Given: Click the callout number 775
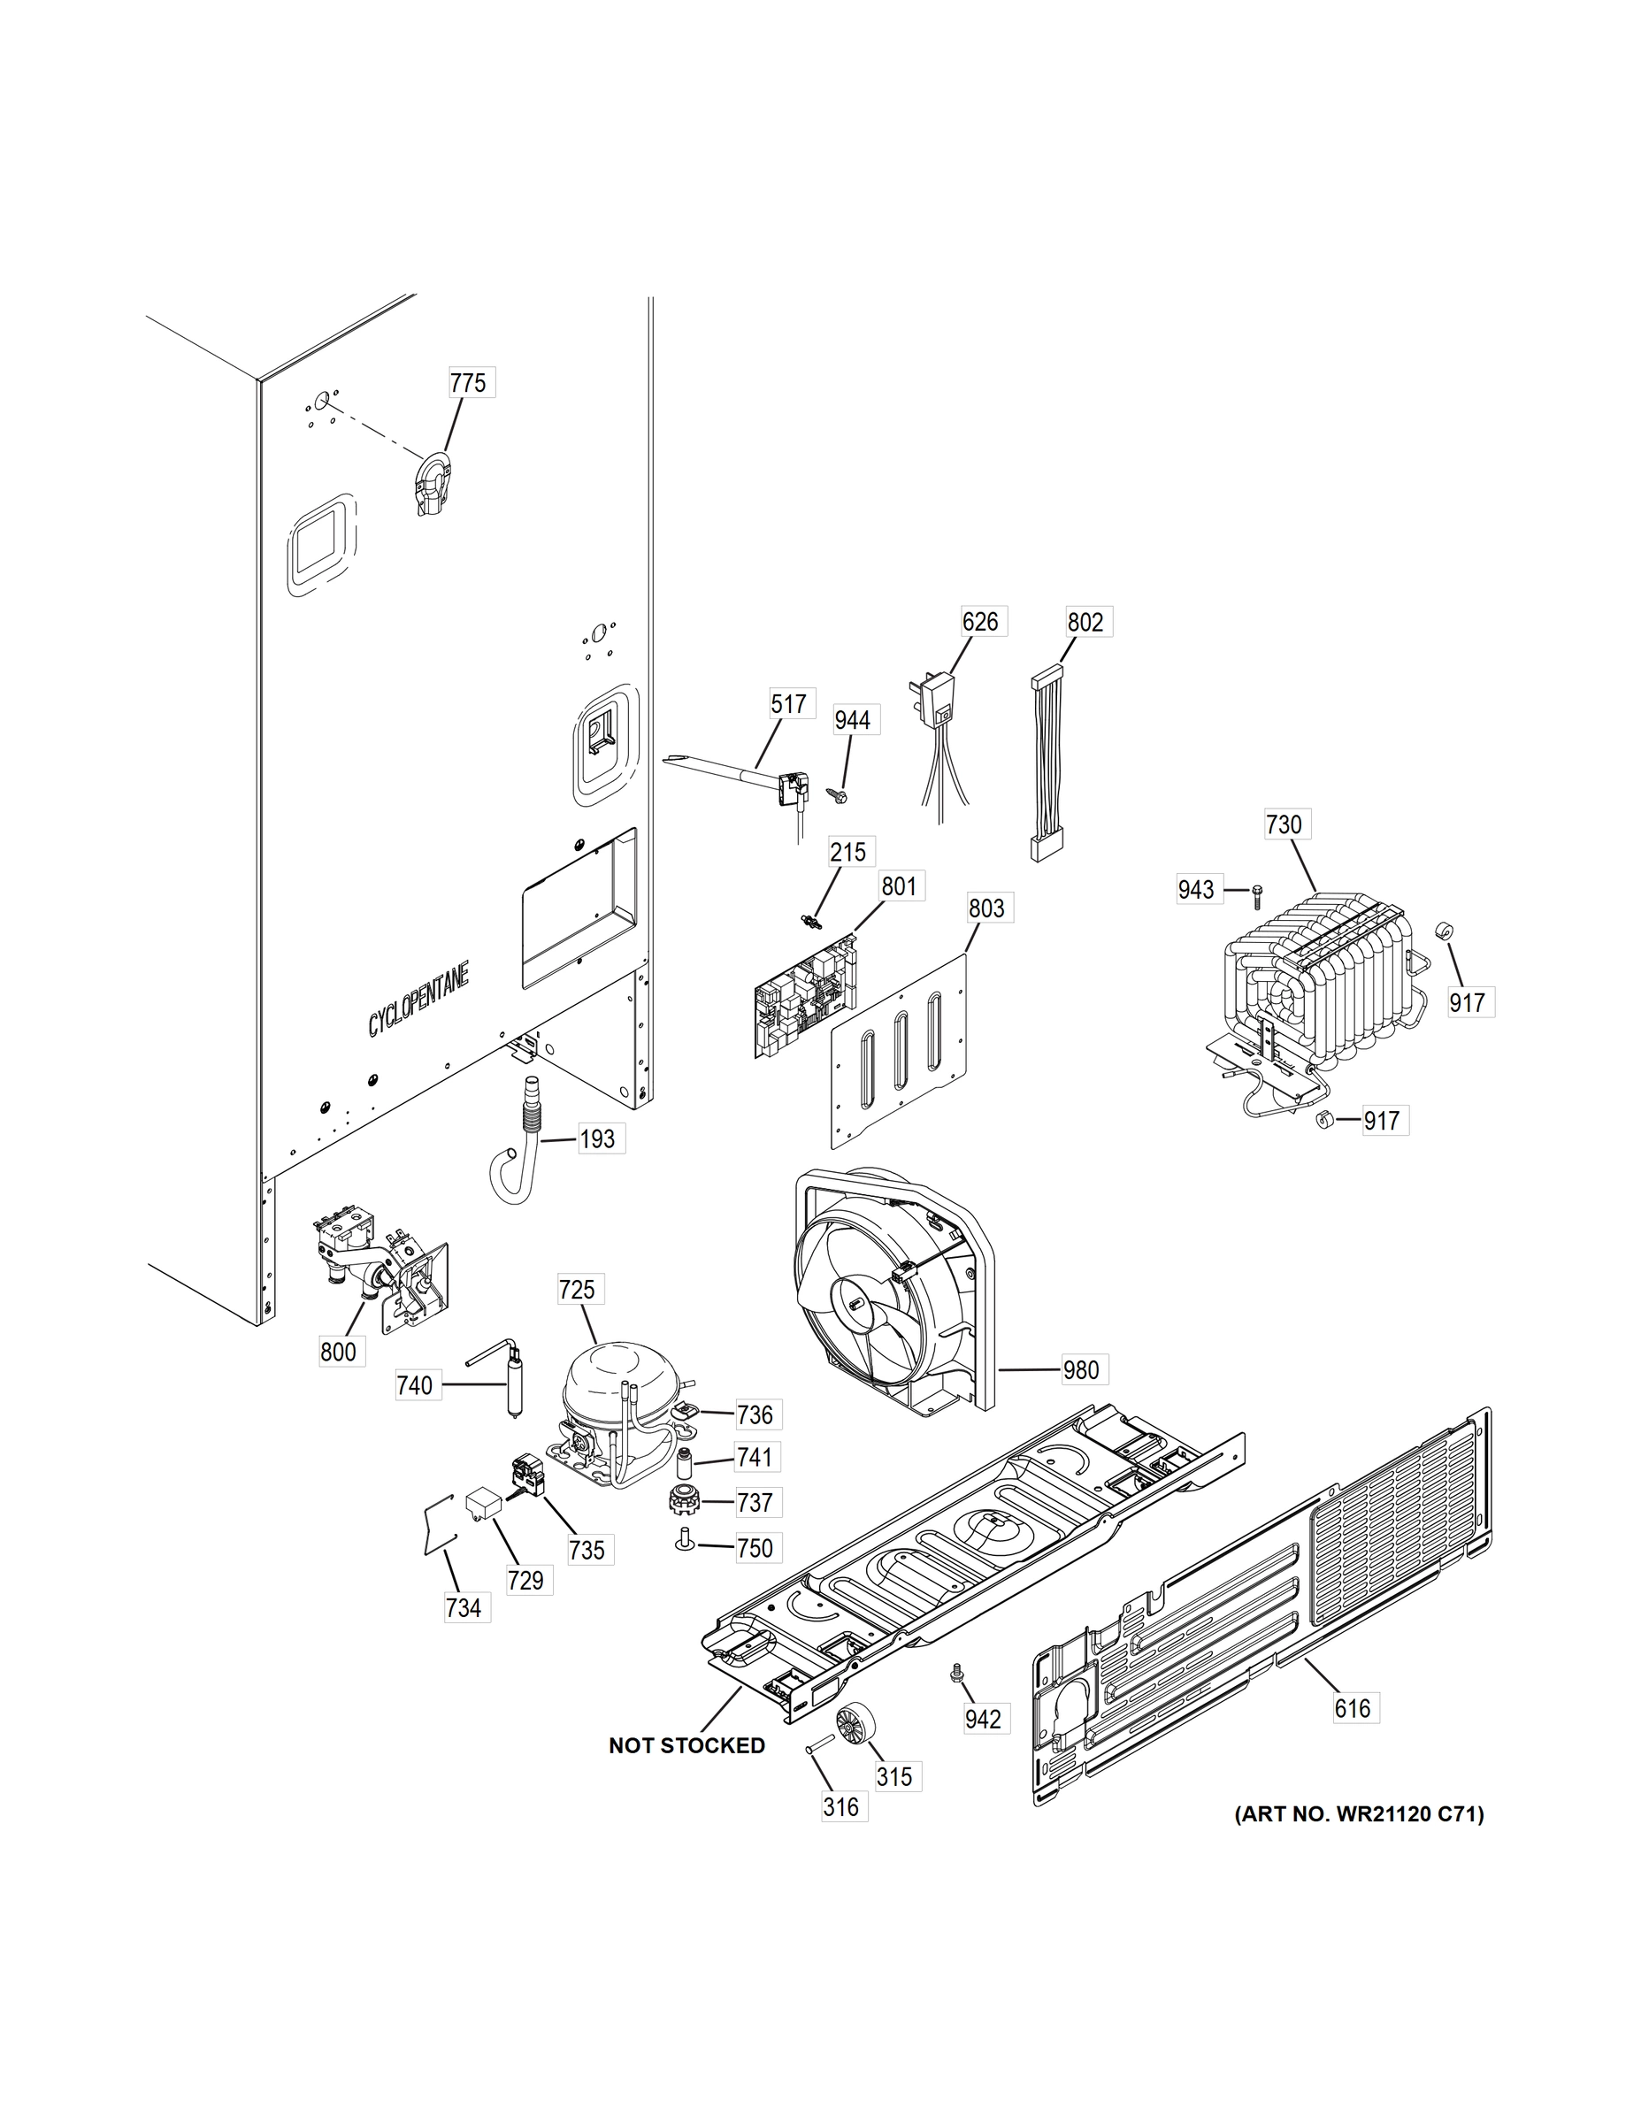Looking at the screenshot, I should point(468,383).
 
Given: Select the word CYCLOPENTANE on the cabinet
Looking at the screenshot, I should point(418,999).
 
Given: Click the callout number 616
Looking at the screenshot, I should point(1353,1708).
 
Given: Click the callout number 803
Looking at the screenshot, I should point(985,908).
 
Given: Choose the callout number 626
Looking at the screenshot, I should point(980,620).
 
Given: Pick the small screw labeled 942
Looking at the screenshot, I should point(956,1672).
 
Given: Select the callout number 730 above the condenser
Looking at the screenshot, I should point(1284,824).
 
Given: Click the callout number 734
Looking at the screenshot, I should point(463,1608).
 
